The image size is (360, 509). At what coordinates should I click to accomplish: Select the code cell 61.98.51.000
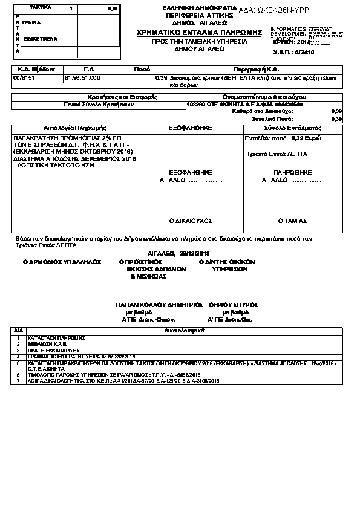[x=82, y=78]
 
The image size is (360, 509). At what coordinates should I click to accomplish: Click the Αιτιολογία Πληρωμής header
[x=75, y=129]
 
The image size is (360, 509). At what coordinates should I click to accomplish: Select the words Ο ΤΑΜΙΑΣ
[x=293, y=221]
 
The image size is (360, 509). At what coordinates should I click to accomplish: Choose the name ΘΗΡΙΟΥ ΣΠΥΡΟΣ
[x=233, y=305]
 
